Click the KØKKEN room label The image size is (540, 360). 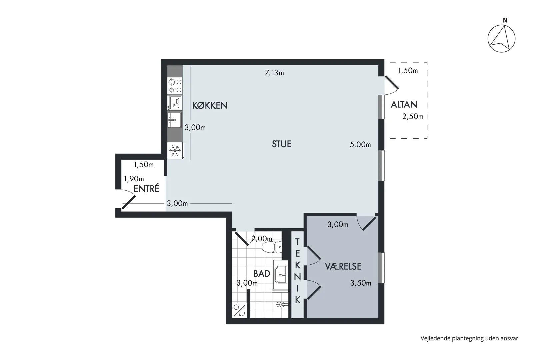click(x=210, y=105)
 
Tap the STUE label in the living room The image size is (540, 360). click(x=282, y=144)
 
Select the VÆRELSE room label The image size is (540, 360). click(x=343, y=266)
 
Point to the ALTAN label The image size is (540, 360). click(x=404, y=104)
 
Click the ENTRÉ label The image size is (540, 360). click(x=146, y=188)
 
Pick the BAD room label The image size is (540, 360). click(x=262, y=273)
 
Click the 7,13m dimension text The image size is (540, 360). click(x=274, y=73)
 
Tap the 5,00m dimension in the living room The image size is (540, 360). click(x=360, y=144)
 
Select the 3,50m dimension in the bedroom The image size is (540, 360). click(x=361, y=283)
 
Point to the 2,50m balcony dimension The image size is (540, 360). click(x=413, y=117)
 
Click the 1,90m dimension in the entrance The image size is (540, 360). click(x=134, y=179)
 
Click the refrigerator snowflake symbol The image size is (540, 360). click(x=175, y=151)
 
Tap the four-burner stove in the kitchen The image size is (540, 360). click(x=175, y=86)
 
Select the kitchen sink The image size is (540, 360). click(x=175, y=120)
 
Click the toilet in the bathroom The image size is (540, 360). click(x=272, y=247)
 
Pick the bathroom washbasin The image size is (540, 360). click(x=281, y=275)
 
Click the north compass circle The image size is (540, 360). click(x=501, y=39)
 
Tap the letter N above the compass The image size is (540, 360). click(x=505, y=20)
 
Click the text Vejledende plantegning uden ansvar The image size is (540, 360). click(x=469, y=338)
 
